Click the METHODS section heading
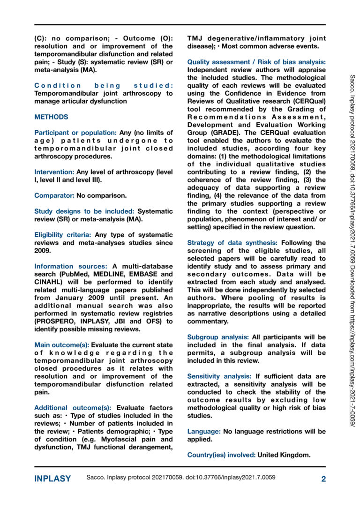click(51, 117)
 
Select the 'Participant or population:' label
click(76, 133)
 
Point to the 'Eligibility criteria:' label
click(63, 234)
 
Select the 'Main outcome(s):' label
click(61, 344)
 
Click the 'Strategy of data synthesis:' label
click(232, 243)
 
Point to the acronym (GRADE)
click(203, 133)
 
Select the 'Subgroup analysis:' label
click(218, 337)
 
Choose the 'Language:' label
click(204, 431)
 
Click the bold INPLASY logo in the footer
click(52, 479)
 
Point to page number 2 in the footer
click(323, 479)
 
